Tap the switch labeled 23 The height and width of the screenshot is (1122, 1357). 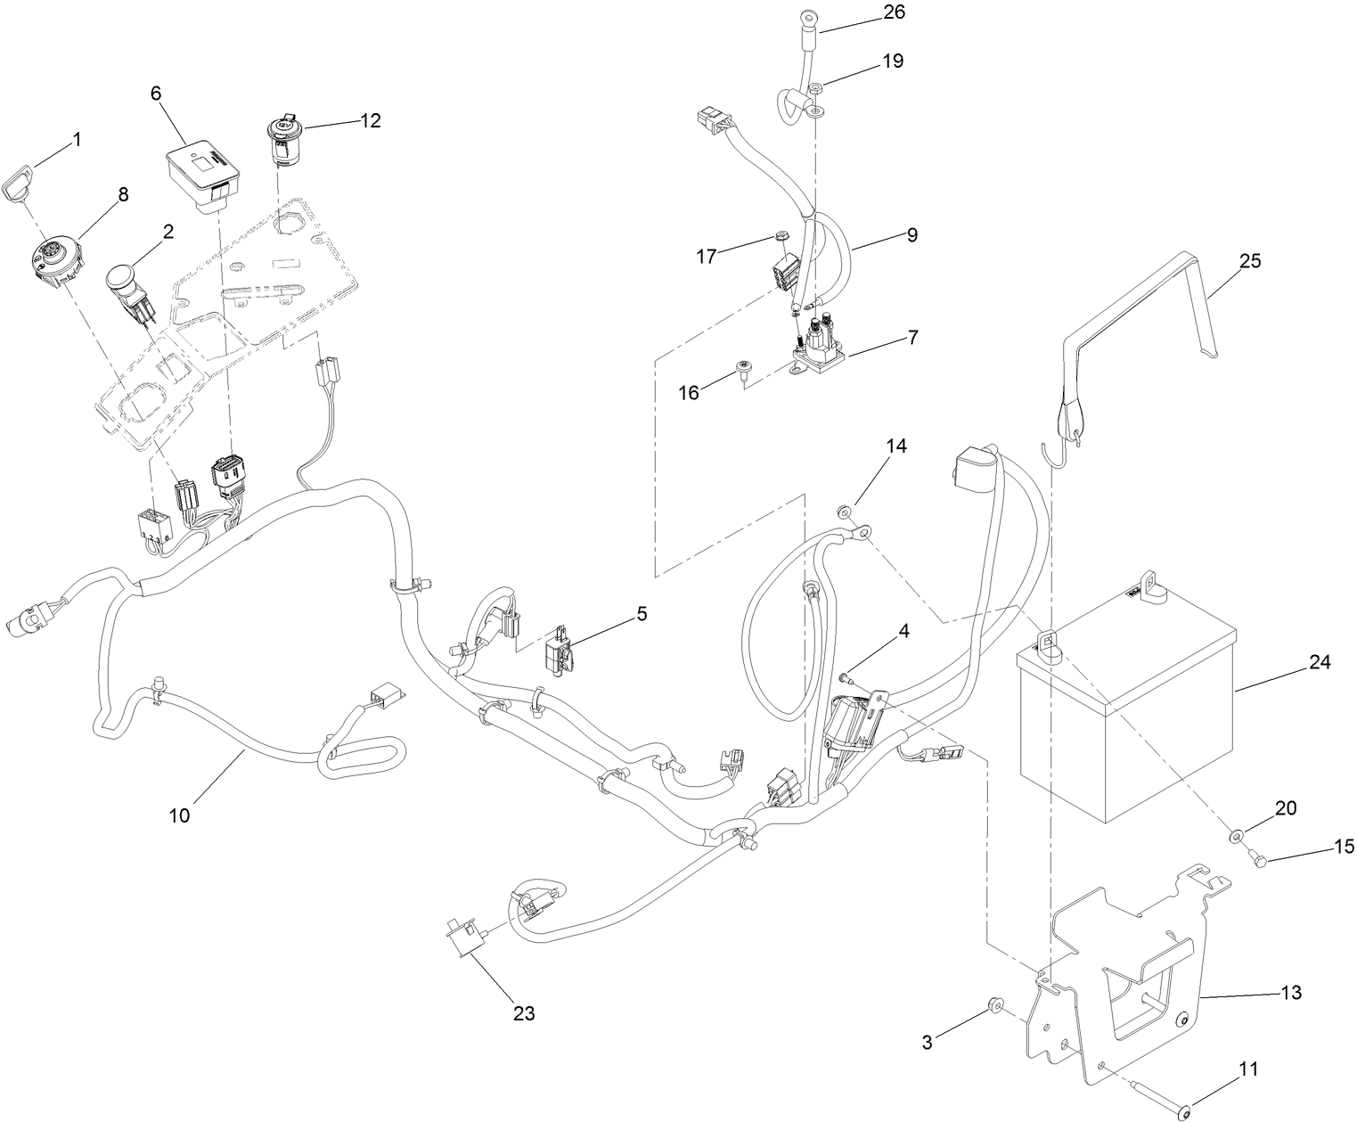(x=463, y=938)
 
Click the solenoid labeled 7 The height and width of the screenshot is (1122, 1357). (x=819, y=351)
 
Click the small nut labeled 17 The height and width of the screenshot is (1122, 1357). (x=781, y=236)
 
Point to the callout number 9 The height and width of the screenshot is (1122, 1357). (x=911, y=235)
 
